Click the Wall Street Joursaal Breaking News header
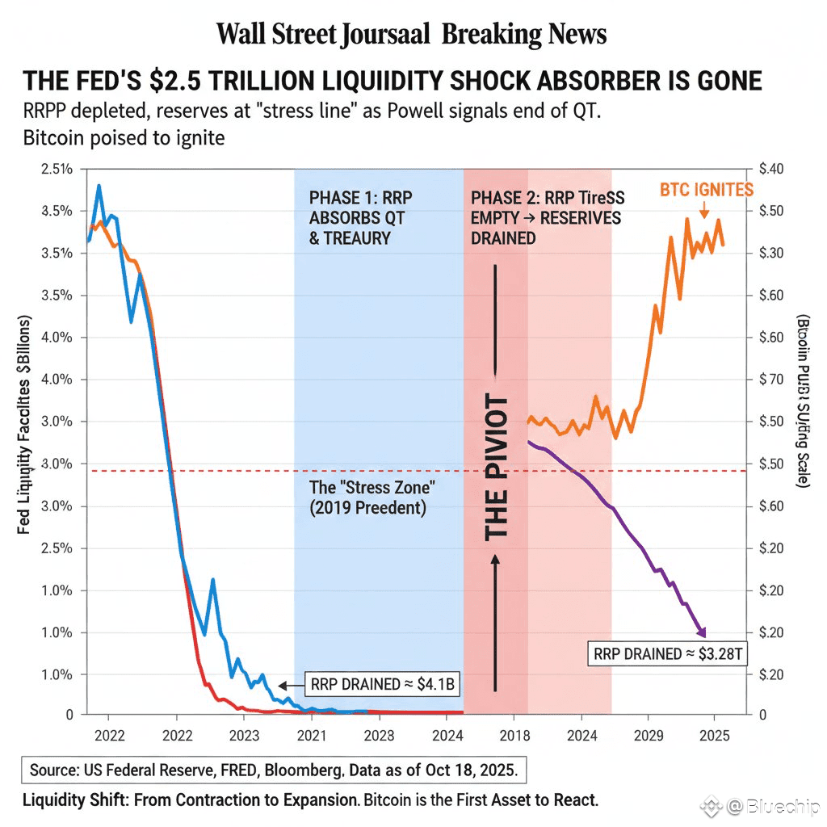pos(412,34)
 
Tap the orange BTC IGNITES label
pos(707,190)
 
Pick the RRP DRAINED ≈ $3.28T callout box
pos(667,653)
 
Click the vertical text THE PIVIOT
pos(497,468)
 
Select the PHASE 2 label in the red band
pos(546,217)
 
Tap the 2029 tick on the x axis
pos(648,737)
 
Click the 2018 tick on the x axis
pos(514,737)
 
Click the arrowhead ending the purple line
pos(702,632)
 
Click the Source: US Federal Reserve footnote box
pos(274,770)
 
